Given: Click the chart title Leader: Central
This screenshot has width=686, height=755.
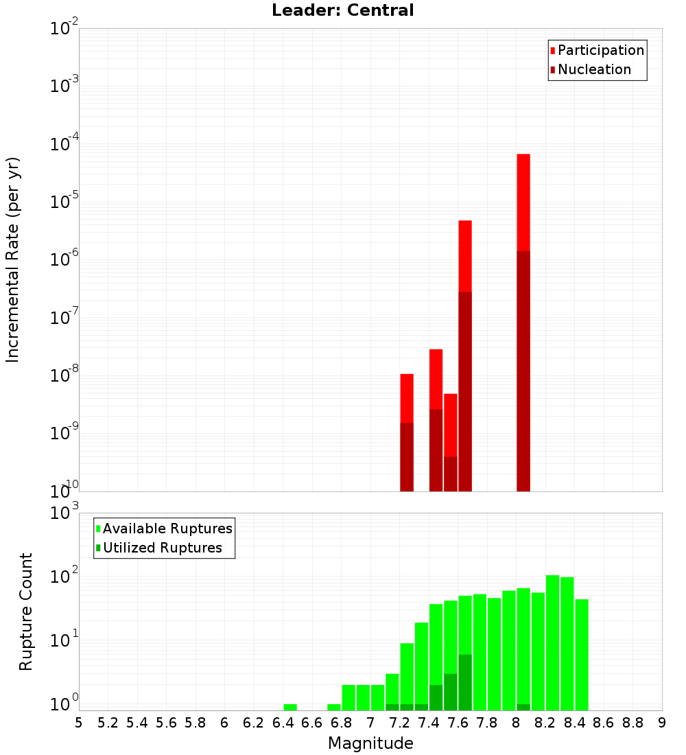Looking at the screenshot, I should [342, 10].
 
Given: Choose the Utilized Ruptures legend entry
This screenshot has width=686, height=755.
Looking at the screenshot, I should [162, 548].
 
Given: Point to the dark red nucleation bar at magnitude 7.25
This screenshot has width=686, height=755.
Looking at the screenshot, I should [407, 457].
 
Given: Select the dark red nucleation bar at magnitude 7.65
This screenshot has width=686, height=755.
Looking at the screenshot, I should [465, 391].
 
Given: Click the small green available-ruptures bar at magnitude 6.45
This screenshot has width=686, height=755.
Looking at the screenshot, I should [290, 707].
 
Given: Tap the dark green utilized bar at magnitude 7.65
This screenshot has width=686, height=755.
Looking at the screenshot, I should [465, 682].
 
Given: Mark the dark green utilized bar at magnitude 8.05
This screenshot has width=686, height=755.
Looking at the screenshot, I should [523, 707].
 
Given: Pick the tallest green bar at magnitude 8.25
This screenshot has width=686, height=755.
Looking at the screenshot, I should [552, 642].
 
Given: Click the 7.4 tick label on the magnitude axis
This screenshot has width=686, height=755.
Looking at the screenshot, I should [429, 723].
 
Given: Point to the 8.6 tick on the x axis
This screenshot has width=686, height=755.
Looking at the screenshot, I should [604, 723].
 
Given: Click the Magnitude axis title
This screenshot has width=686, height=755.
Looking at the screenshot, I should [370, 743].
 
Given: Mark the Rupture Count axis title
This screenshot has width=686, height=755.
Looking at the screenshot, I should [26, 612].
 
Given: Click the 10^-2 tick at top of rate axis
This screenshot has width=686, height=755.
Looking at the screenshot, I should [64, 29].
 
